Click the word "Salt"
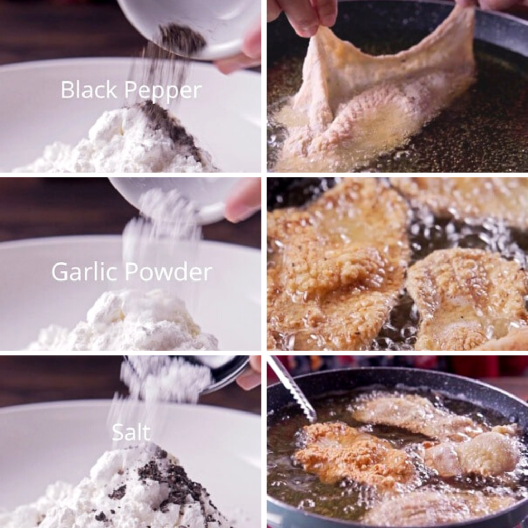point(131,433)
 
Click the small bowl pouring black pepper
point(196,26)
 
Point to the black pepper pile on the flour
point(170,124)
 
